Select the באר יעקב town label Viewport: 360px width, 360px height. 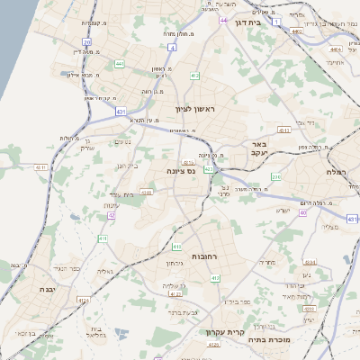coord(260,148)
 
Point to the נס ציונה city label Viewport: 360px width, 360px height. coord(183,170)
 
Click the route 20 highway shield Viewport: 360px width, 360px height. coord(86,42)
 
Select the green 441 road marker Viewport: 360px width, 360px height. coord(120,64)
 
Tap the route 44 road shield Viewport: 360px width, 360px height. coord(223,18)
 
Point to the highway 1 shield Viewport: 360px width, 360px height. coord(276,20)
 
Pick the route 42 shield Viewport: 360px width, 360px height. coord(112,216)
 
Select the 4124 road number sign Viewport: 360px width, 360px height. coord(83,300)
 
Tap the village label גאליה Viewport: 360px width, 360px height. coord(104,270)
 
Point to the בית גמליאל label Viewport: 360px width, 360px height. coord(99,332)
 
